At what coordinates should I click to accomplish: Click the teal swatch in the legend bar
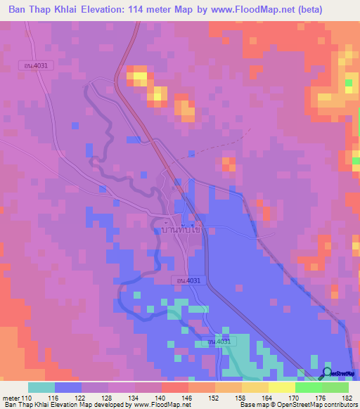pyautogui.click(x=41, y=387)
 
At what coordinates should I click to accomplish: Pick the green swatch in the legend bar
pyautogui.click(x=308, y=387)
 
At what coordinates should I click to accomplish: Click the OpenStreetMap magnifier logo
pyautogui.click(x=326, y=372)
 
